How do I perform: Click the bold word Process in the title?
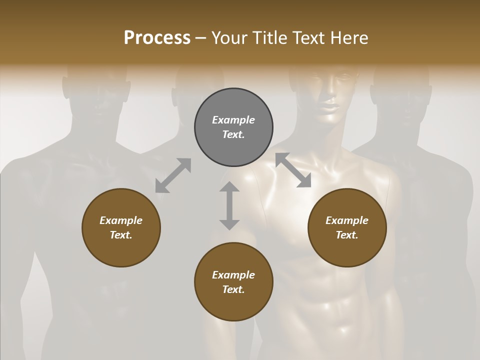tap(157, 38)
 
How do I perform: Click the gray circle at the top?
tap(233, 127)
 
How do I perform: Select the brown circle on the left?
tap(121, 227)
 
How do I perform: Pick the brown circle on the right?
tap(347, 227)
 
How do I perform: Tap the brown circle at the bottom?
tap(233, 282)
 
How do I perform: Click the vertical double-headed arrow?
tap(229, 205)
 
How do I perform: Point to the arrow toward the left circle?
tap(173, 175)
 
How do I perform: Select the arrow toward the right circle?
tap(293, 170)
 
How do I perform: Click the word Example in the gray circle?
tap(233, 120)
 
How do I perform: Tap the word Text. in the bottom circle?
tap(233, 289)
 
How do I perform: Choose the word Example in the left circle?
tap(121, 220)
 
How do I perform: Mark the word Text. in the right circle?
tap(347, 235)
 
